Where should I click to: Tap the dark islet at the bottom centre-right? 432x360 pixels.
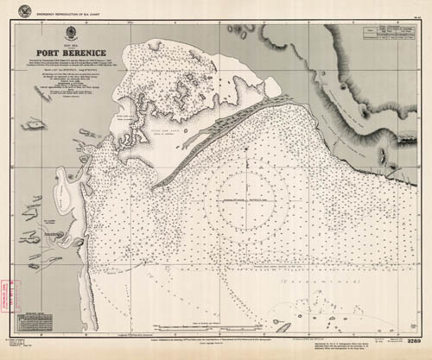(x=278, y=327)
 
